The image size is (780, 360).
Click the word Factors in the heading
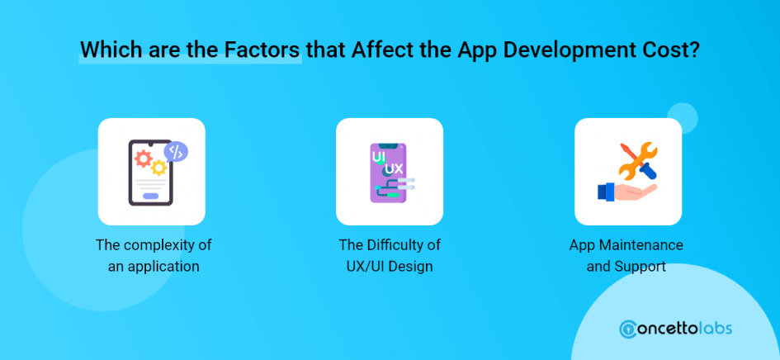click(x=262, y=49)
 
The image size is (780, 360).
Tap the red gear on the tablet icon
click(x=144, y=159)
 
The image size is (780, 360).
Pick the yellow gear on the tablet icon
click(x=158, y=168)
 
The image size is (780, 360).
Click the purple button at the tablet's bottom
click(x=151, y=196)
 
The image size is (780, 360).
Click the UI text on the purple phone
click(x=379, y=157)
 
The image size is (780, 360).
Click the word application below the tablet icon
click(x=163, y=267)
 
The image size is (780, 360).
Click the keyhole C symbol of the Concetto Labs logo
click(x=629, y=329)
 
